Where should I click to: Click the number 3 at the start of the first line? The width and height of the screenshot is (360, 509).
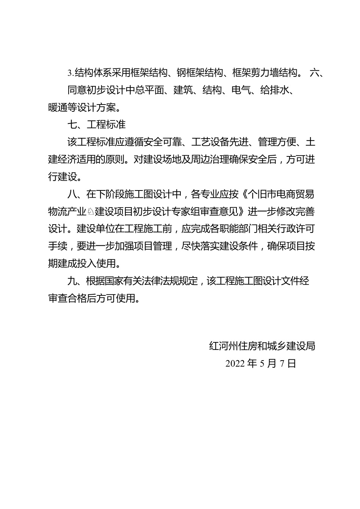(x=69, y=72)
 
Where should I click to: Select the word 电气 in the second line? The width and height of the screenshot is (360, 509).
(x=241, y=90)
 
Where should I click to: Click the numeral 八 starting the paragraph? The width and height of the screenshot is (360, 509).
(x=72, y=194)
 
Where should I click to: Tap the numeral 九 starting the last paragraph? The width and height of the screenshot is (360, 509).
(x=72, y=281)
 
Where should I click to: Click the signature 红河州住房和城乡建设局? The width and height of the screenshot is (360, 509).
(x=262, y=346)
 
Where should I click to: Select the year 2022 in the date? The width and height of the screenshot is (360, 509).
(x=235, y=364)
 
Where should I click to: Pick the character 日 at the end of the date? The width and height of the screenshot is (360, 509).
(x=291, y=364)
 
